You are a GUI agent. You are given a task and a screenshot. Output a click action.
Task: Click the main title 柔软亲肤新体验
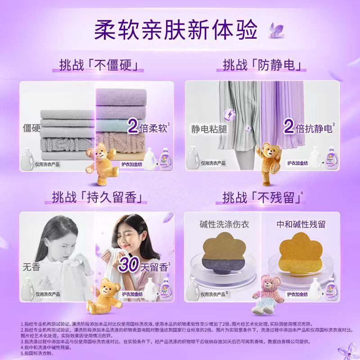pyautogui.click(x=175, y=30)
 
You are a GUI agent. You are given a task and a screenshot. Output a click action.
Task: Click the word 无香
pyautogui.click(x=31, y=267)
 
